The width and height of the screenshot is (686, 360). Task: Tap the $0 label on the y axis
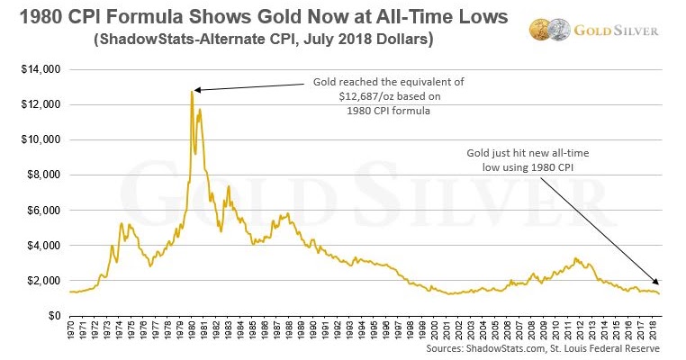point(52,316)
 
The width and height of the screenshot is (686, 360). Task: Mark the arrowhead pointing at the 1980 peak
point(197,89)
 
